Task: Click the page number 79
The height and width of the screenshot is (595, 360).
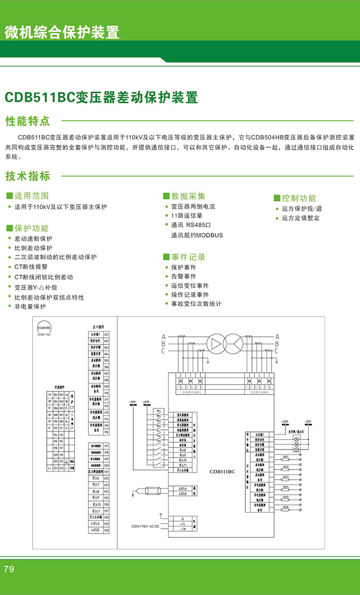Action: pos(9,569)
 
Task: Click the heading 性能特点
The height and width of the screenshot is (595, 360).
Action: pos(28,121)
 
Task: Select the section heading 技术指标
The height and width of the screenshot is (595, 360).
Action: pos(28,176)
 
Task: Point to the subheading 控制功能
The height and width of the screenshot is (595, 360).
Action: pos(299,198)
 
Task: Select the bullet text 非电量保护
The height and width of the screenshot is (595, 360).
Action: pos(30,306)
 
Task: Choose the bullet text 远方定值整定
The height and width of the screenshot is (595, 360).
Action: pos(301,218)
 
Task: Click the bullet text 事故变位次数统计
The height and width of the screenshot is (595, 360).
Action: pos(196,304)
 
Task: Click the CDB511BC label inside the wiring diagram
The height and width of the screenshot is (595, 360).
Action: pos(222,471)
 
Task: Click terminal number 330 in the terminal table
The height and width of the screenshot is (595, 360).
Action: pos(106,530)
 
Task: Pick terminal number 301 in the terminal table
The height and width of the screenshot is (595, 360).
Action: pos(106,334)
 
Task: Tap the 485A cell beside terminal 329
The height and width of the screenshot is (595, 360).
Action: pos(95,524)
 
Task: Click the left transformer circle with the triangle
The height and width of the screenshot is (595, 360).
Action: pos(217,343)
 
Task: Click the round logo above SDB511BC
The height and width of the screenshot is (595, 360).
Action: pos(44,328)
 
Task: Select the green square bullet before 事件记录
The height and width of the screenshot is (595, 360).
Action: pos(166,257)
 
